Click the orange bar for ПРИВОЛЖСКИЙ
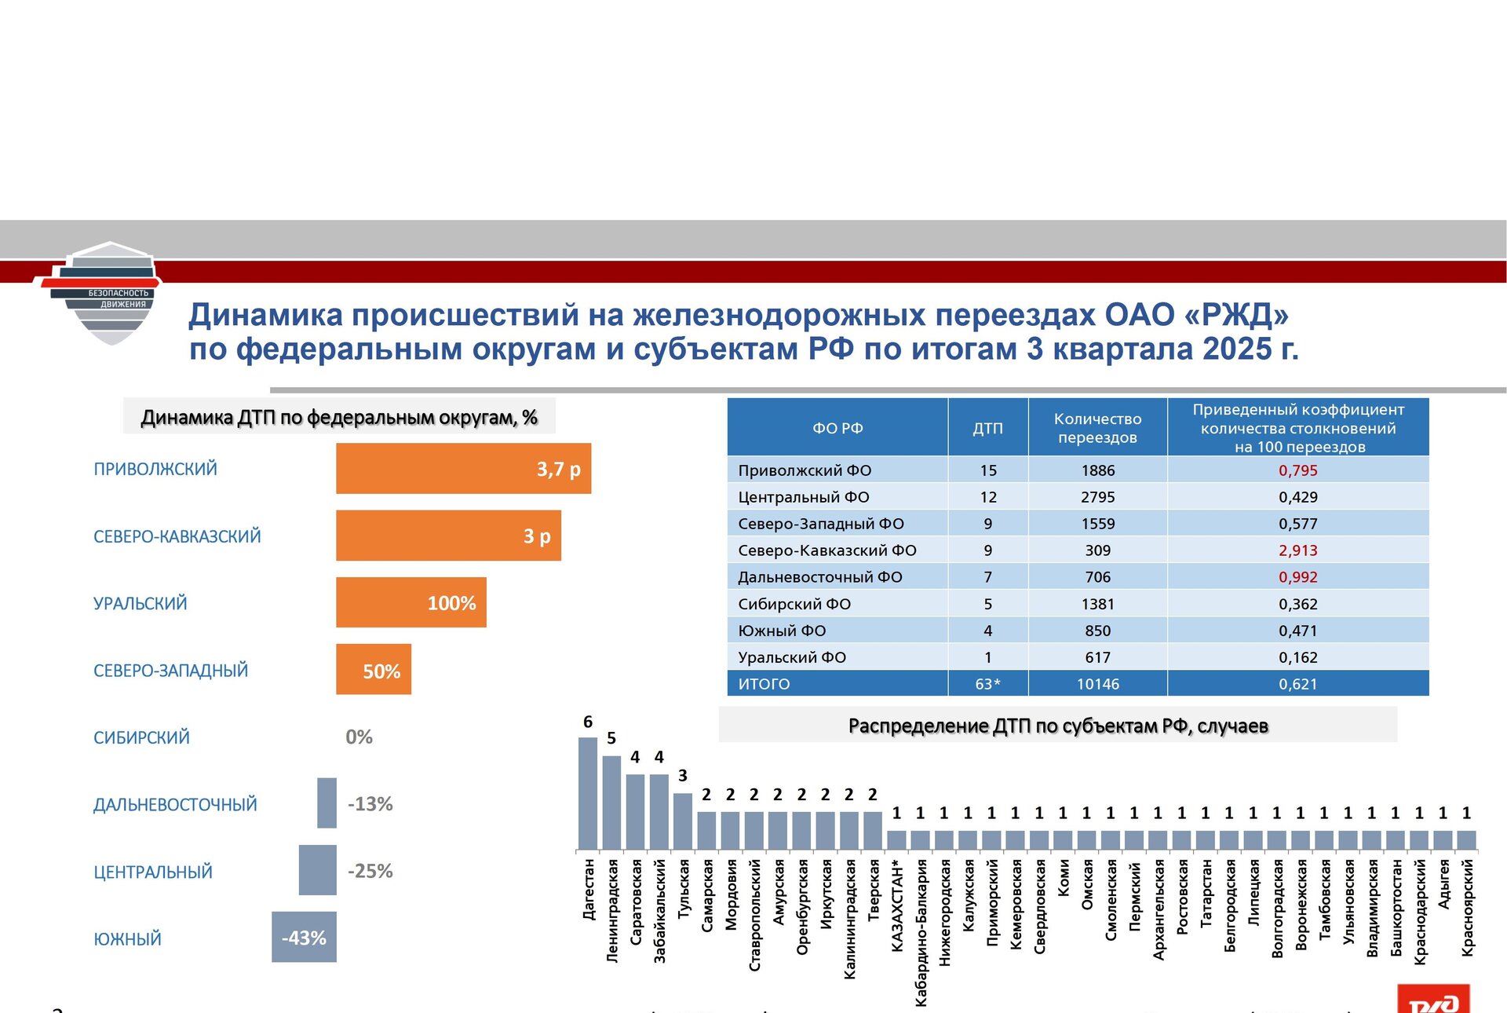(x=463, y=469)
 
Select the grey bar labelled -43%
(x=304, y=938)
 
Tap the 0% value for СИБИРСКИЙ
(x=359, y=737)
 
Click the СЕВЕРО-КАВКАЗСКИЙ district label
(x=177, y=536)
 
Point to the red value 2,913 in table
(x=1297, y=550)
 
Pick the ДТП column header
(x=987, y=428)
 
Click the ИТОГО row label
(x=764, y=684)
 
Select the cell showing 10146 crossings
(x=1097, y=684)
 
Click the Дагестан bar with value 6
(x=588, y=793)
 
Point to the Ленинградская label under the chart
(x=612, y=910)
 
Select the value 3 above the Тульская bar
(x=683, y=776)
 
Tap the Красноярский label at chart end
(x=1467, y=907)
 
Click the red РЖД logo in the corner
(x=1433, y=999)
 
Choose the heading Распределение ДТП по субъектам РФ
(x=1057, y=726)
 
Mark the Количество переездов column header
(x=1097, y=428)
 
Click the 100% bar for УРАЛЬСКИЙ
(x=411, y=603)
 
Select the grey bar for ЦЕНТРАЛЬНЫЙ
(x=317, y=870)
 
